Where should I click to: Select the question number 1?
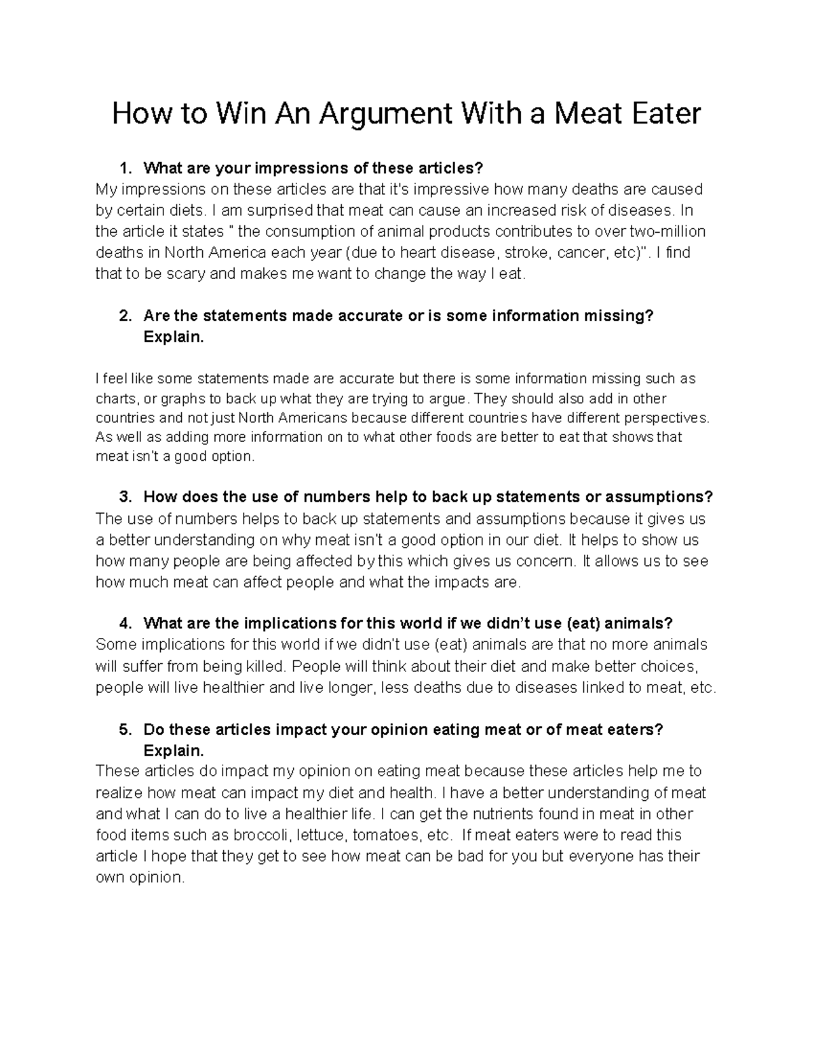(x=123, y=168)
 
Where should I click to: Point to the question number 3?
(x=123, y=497)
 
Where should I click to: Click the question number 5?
(x=123, y=730)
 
